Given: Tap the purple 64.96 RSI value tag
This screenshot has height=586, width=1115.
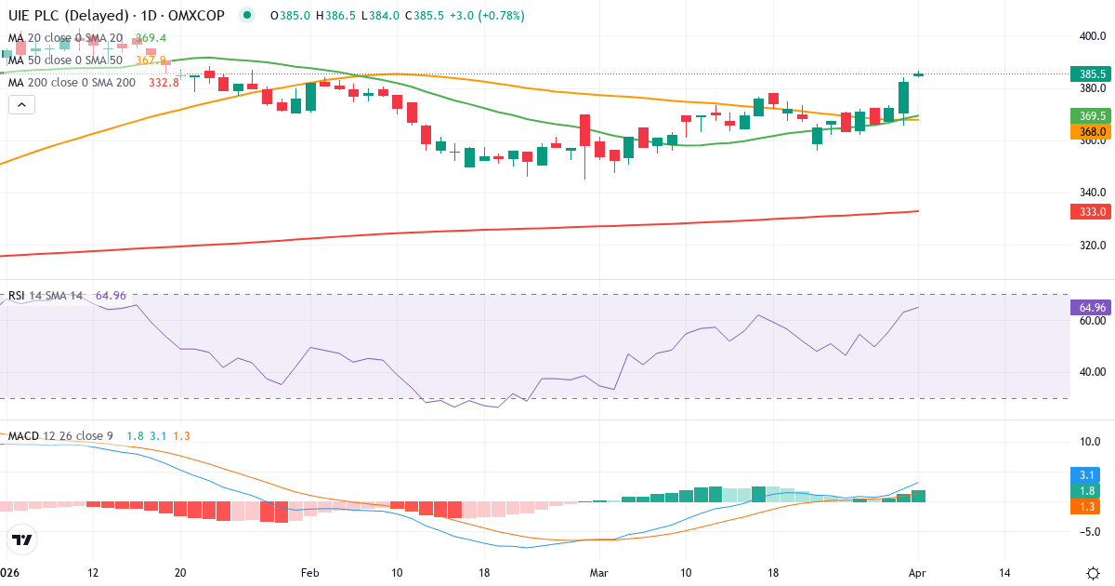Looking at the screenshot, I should [1093, 307].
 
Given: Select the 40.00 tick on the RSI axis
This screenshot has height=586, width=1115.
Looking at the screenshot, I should [1093, 372].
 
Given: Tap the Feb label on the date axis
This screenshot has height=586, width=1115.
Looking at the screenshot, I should [309, 572].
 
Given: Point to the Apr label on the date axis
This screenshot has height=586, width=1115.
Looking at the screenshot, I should [918, 572].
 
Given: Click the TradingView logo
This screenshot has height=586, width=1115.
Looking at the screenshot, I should [22, 539].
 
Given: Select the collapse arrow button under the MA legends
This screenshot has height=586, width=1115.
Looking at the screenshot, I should [21, 105].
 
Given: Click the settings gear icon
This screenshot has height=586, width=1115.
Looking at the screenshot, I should [1094, 572].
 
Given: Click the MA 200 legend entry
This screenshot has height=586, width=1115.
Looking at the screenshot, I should [72, 82].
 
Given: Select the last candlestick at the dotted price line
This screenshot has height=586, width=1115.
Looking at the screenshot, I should [918, 74].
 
